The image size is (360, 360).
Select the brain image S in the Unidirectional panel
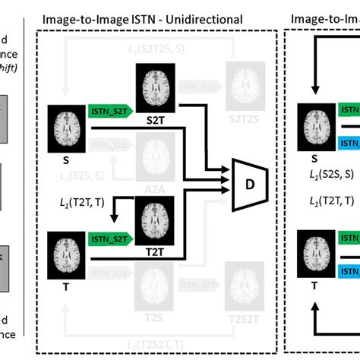pos(67,124)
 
